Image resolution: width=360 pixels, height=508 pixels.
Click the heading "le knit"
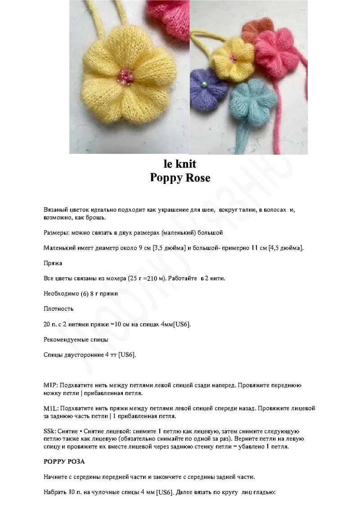[x=180, y=164]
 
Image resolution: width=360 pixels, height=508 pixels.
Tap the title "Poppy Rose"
[x=180, y=178]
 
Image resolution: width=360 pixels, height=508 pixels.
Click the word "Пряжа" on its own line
[x=53, y=263]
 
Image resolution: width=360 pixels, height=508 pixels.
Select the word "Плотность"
[x=58, y=309]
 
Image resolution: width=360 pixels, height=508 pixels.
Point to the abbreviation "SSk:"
[x=49, y=431]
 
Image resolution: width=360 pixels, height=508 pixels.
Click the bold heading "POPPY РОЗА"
[x=64, y=462]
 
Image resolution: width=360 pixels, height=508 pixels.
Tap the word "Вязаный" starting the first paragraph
[x=56, y=210]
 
